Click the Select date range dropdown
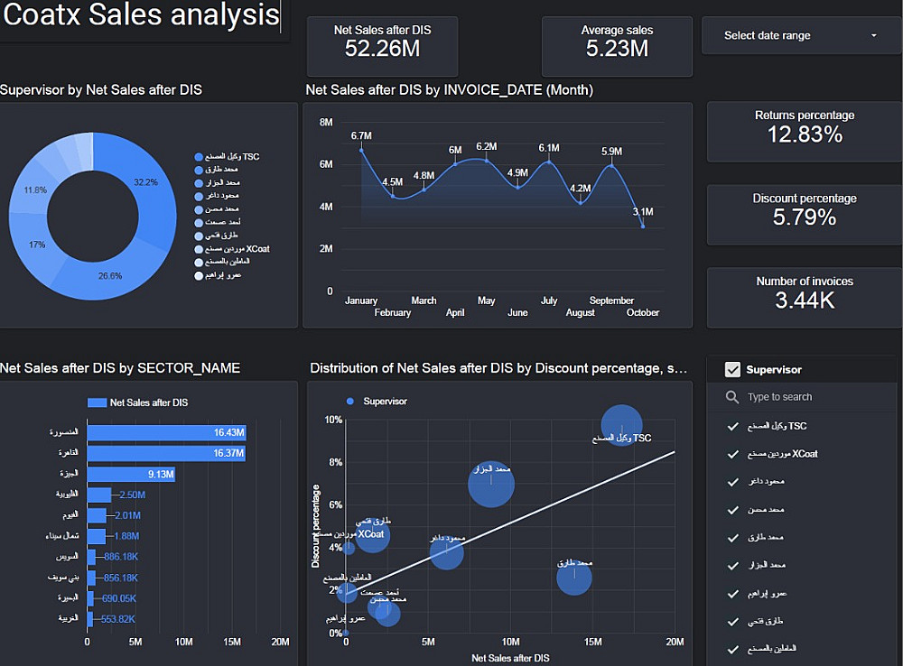click(x=800, y=36)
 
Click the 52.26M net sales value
click(x=382, y=49)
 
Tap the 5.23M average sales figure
click(x=617, y=49)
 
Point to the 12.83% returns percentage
click(x=805, y=134)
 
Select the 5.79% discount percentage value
click(x=805, y=217)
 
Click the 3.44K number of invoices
click(x=805, y=301)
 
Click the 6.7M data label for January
click(x=361, y=136)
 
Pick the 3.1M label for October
click(x=643, y=212)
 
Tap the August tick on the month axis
click(x=581, y=313)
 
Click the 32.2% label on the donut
click(x=145, y=182)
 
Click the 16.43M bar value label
click(x=229, y=433)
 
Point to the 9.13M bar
click(x=131, y=474)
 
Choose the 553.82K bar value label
click(x=118, y=619)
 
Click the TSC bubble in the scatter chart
click(x=621, y=424)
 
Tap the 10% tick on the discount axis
click(x=333, y=421)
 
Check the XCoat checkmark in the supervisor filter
click(x=733, y=454)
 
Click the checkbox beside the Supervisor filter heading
click(x=732, y=369)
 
